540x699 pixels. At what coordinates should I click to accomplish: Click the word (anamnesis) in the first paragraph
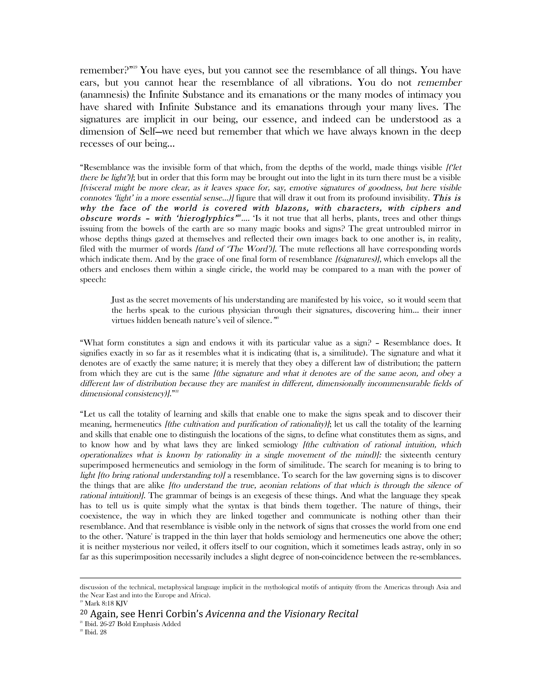102,95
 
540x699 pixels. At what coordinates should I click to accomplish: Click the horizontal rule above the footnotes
270,578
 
